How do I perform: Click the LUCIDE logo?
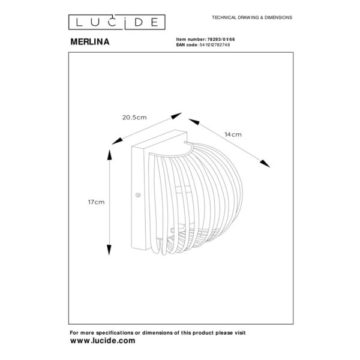coord(116,22)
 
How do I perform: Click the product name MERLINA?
coord(90,42)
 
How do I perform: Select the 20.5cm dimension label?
coord(134,118)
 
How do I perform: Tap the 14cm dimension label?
coord(233,134)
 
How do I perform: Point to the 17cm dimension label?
coord(96,202)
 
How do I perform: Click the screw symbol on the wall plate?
coord(138,195)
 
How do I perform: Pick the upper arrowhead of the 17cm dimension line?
coord(110,155)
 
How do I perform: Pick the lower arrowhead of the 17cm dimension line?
coord(109,250)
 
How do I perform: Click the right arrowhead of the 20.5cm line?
coord(176,116)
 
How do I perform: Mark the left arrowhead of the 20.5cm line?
coord(117,141)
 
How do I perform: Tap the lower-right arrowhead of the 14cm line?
coord(265,164)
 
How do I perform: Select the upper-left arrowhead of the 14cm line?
coord(194,122)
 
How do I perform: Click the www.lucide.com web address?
coord(103,340)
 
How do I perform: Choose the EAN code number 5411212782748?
coord(215,45)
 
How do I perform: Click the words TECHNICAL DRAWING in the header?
coord(236,17)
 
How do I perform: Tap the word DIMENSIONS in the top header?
coord(278,17)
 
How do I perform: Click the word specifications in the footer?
coord(115,333)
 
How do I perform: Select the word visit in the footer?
coord(239,332)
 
